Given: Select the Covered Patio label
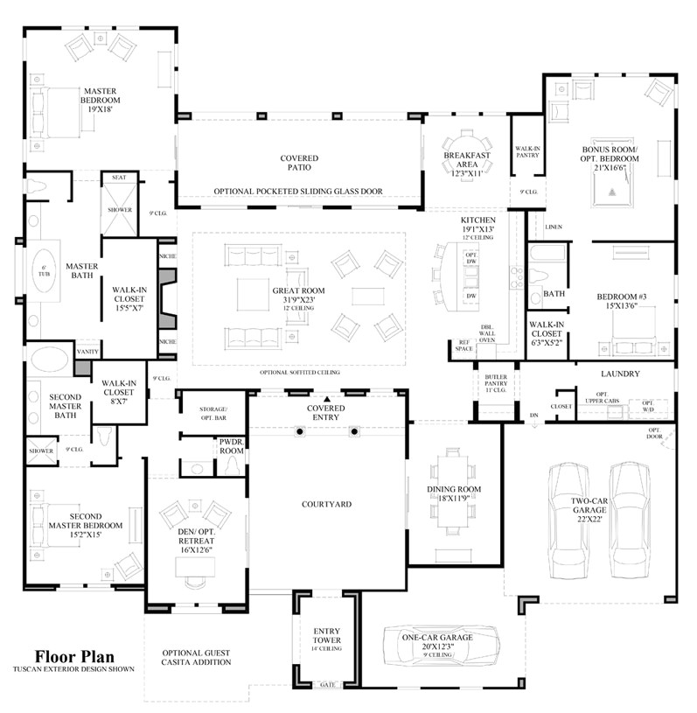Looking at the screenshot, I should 299,163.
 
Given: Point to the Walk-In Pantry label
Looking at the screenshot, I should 527,153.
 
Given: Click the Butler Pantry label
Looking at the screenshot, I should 496,381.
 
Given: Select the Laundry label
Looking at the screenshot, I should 621,374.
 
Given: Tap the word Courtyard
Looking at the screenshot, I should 326,504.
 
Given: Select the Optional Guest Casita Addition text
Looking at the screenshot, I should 197,657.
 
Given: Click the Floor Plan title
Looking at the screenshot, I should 74,656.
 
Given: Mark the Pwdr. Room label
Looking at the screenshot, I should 232,447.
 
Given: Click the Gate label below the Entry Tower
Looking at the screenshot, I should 328,684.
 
